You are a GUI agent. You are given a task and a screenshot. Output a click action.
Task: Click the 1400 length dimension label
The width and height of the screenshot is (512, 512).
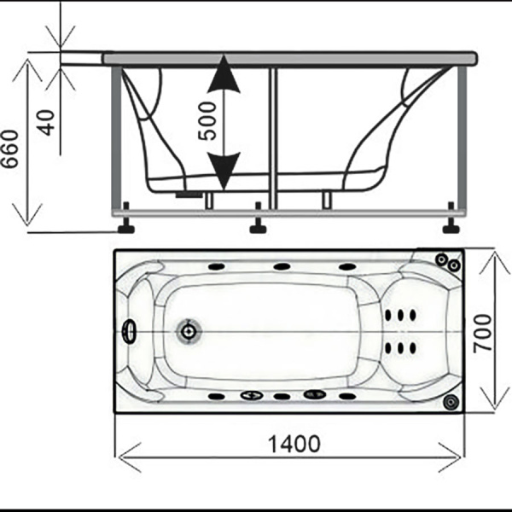[294, 444]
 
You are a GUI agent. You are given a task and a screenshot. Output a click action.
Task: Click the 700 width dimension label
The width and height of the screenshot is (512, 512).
[483, 333]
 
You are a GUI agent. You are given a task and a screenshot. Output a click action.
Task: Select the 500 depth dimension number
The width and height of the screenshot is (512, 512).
[207, 120]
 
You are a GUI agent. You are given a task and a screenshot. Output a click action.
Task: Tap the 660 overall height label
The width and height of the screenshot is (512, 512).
[9, 148]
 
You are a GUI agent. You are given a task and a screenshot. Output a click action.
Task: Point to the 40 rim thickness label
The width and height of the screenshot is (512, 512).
[46, 123]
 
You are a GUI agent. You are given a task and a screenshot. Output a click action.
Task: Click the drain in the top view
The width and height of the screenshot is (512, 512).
[189, 332]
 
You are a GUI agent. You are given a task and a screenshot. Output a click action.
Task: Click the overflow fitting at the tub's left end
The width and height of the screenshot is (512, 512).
[130, 331]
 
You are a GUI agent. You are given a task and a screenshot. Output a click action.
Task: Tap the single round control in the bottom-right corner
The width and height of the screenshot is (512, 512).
[451, 401]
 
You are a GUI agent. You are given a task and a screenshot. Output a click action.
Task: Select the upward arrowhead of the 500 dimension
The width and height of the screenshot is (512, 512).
[224, 73]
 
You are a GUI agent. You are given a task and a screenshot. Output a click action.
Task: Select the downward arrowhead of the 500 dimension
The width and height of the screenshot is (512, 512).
[224, 171]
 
